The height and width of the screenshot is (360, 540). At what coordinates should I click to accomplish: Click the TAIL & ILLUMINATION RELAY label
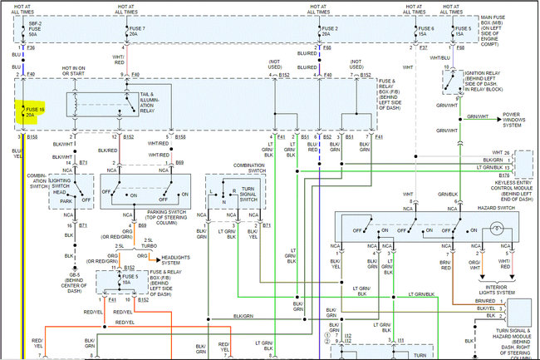point(152,101)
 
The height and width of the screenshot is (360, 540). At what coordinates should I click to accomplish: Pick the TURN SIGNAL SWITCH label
point(249,195)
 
